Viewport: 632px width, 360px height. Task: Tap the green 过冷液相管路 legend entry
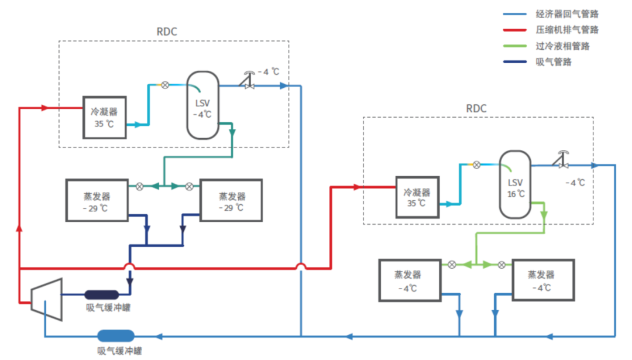pos(562,46)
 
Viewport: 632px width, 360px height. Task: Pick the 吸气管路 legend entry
pos(553,61)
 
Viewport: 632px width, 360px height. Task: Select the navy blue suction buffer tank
pos(101,294)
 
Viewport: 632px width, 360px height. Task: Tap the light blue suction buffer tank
pos(115,336)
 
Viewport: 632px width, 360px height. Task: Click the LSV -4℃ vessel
pos(202,105)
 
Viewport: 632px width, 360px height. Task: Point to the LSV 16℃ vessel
pos(515,184)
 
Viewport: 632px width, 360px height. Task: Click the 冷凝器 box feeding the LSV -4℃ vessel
pos(105,117)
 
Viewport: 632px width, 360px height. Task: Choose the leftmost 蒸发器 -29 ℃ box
pos(97,200)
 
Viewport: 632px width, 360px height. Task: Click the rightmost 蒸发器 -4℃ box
pos(541,280)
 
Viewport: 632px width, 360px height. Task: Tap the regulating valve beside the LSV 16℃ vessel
pos(563,162)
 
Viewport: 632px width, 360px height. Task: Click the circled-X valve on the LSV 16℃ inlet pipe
pos(477,165)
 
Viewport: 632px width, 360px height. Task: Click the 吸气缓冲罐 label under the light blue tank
pos(119,351)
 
